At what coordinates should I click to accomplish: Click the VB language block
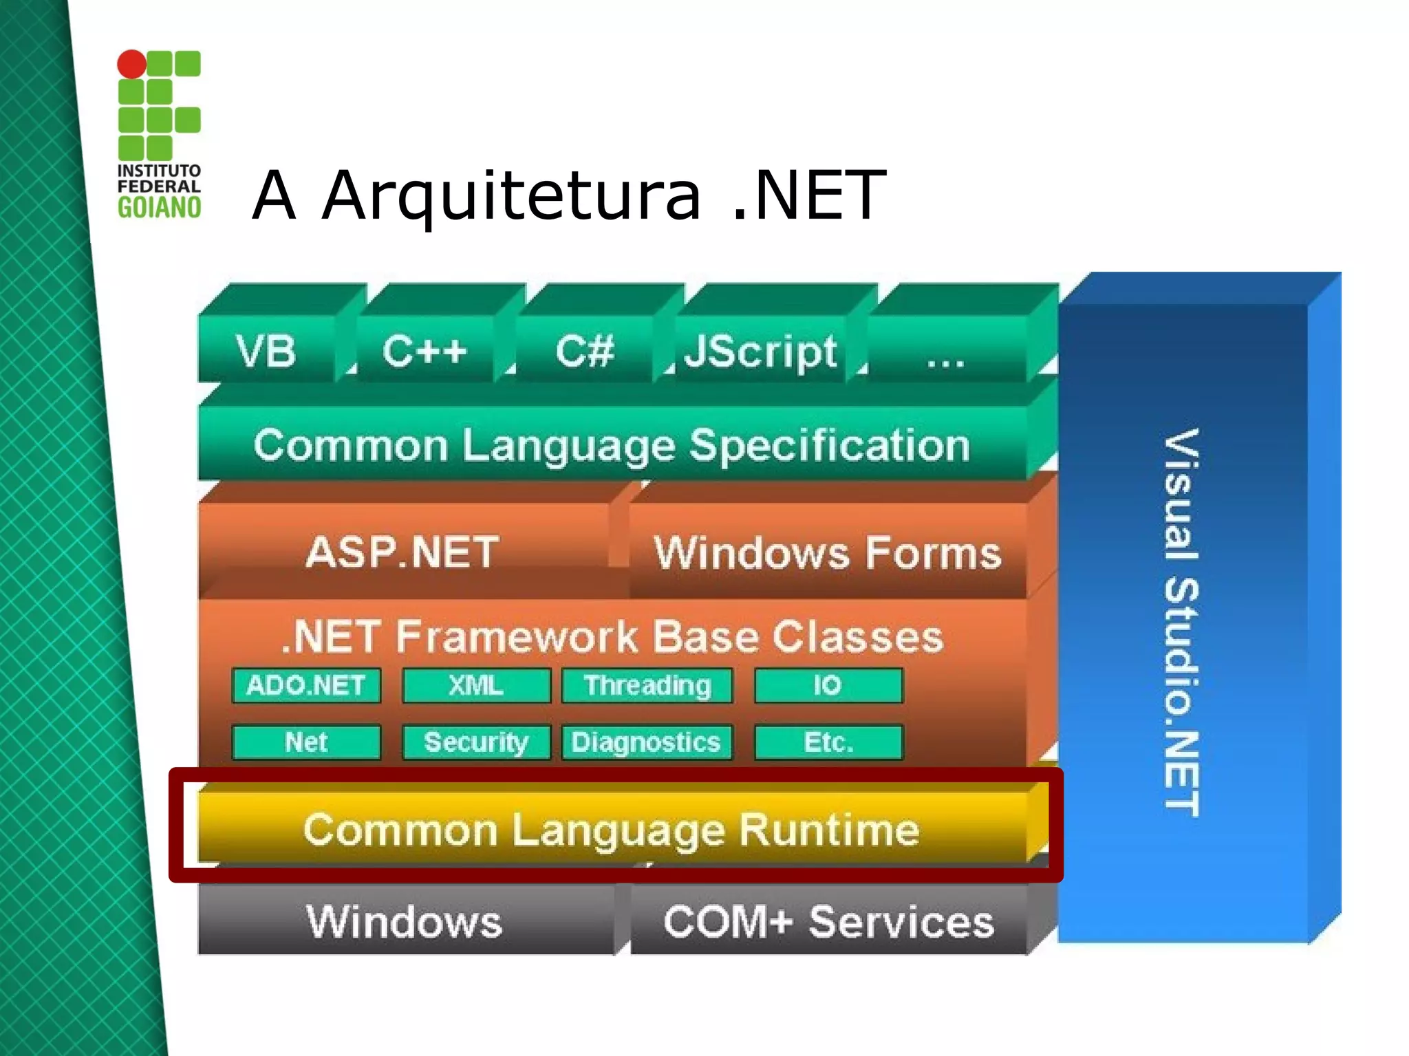tap(266, 350)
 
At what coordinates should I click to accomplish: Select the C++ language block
tap(424, 350)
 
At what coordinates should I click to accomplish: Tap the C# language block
tap(584, 350)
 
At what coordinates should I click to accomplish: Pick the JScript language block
tap(760, 350)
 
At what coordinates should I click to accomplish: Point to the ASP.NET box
tap(403, 552)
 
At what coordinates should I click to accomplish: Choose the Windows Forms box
tap(828, 552)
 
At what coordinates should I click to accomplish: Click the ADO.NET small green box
tap(306, 685)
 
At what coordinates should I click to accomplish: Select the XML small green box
tap(476, 685)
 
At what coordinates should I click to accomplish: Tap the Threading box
tap(647, 685)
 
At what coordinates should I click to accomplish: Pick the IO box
tap(828, 685)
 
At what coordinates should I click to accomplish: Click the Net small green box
tap(306, 742)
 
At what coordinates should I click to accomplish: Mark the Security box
tap(476, 742)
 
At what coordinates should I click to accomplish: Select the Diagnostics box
tap(647, 742)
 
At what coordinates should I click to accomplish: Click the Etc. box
tap(828, 742)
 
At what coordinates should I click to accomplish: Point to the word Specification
tap(830, 445)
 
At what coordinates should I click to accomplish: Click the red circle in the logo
tap(131, 64)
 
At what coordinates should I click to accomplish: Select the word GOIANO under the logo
tap(159, 207)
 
